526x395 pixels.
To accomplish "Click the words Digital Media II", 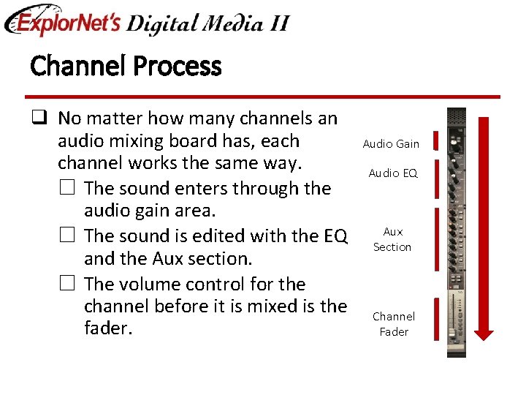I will pyautogui.click(x=207, y=23).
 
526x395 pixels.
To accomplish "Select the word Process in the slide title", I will pyautogui.click(x=178, y=67).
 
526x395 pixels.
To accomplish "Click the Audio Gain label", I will pyautogui.click(x=391, y=144).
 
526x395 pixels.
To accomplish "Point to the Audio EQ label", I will pyautogui.click(x=393, y=173).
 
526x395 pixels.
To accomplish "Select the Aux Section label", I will pyautogui.click(x=392, y=239).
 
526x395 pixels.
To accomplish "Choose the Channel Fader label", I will pyautogui.click(x=393, y=324).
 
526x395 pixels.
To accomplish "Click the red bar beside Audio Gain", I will pyautogui.click(x=435, y=140).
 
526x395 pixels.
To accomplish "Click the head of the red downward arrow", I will pyautogui.click(x=484, y=332).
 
